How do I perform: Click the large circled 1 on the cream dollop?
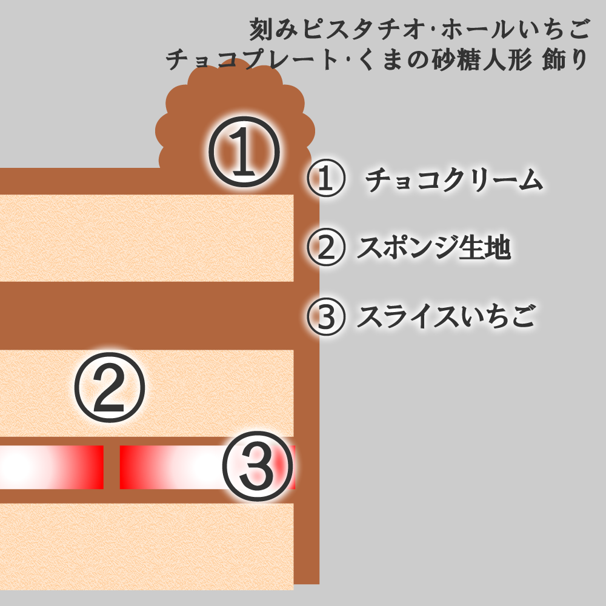(244, 151)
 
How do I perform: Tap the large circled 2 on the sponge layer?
(109, 387)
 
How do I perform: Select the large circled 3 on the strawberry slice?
(258, 467)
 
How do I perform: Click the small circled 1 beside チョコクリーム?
(326, 178)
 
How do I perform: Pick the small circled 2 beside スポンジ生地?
(326, 247)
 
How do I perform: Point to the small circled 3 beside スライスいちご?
(326, 316)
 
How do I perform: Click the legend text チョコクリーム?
(454, 179)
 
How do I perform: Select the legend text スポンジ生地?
(434, 247)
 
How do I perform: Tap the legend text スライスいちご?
(447, 316)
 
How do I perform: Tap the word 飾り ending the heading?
(565, 60)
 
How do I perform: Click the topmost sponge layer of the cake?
(147, 238)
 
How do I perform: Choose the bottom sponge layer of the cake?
(147, 547)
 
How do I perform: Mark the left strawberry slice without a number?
(52, 467)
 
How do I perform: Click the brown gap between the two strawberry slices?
(112, 467)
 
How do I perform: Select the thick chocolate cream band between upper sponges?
(147, 316)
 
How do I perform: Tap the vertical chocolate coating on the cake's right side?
(307, 387)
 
